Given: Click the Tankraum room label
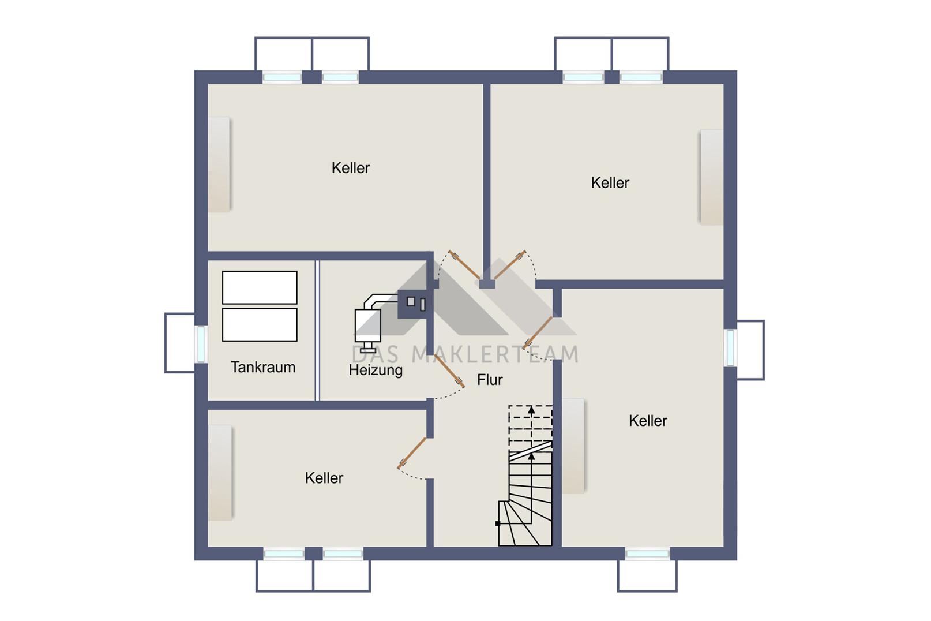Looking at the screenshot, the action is [262, 367].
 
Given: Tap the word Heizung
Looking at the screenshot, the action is [376, 370].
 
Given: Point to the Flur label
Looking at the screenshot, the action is [490, 380].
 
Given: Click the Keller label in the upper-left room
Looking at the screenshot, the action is [350, 168].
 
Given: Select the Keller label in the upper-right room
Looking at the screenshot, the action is [610, 182].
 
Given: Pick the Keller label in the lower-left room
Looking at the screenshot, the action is [324, 478].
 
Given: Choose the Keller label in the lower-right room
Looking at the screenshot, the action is [648, 421].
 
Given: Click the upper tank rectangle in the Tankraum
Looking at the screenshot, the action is [260, 287].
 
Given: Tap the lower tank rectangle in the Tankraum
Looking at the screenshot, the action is [260, 325].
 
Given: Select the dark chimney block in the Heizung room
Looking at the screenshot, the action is [412, 304].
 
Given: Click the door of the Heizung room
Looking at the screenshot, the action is [449, 370].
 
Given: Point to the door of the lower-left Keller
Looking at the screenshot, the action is [412, 453].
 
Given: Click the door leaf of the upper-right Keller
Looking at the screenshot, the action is [510, 265].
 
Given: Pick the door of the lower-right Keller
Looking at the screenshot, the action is [538, 332].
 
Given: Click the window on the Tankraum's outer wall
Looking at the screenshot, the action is [201, 344].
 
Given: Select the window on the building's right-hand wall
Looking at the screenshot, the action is [730, 348].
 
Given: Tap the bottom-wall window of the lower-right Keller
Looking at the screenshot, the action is [647, 553].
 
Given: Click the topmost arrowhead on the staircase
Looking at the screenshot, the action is [531, 410].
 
